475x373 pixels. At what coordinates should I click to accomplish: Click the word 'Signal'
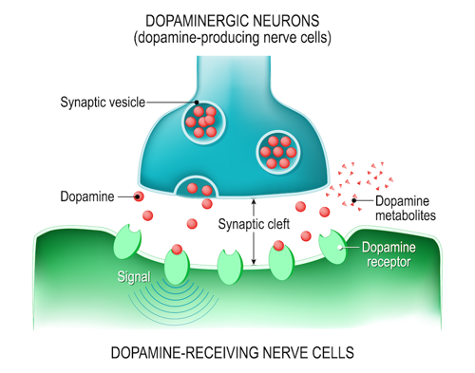[132, 279]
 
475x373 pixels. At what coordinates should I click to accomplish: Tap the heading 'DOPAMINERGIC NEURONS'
[237, 21]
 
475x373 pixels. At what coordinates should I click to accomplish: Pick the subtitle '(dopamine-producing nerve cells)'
[237, 39]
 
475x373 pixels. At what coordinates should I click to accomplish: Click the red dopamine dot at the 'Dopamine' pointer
[140, 197]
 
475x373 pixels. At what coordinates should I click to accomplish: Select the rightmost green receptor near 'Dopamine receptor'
[332, 246]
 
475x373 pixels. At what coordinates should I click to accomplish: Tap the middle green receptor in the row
[229, 265]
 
